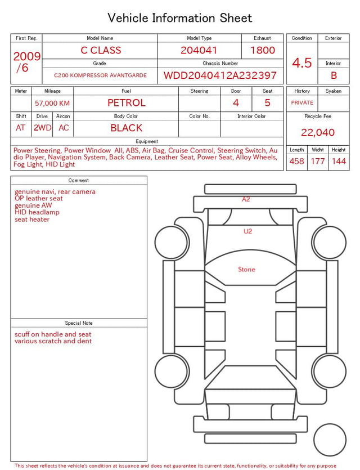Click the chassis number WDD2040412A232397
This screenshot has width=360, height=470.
(x=220, y=75)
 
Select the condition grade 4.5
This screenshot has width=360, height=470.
(x=302, y=63)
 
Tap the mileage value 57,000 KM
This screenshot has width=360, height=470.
(x=52, y=104)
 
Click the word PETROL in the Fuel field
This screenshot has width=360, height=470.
(x=127, y=103)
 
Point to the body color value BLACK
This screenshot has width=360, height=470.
(x=127, y=128)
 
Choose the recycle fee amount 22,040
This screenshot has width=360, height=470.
(x=318, y=132)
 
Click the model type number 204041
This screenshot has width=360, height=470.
(x=199, y=50)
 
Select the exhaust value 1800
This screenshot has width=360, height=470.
(x=263, y=50)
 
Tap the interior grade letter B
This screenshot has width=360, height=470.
(x=334, y=75)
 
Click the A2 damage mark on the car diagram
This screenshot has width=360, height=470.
(x=246, y=199)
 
